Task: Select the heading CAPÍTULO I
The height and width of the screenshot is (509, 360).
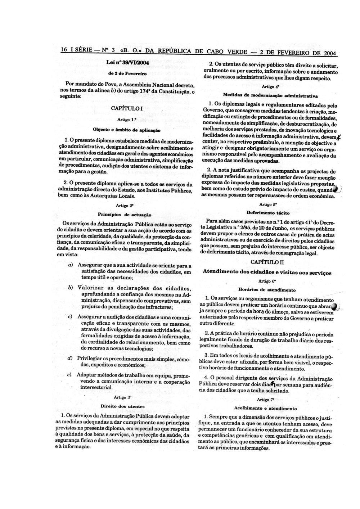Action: coord(127,108)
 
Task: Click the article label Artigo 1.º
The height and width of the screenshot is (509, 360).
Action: coord(127,119)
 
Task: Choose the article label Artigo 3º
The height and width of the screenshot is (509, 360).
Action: coord(123,397)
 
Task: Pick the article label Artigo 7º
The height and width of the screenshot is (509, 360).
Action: coord(266,400)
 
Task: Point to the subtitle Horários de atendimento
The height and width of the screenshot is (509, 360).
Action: coord(267,290)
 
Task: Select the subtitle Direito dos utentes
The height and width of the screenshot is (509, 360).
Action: coord(122,406)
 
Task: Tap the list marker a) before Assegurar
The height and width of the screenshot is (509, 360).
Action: coord(70,265)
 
